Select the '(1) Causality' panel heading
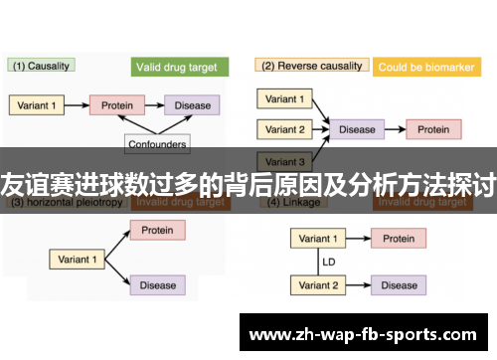(42, 66)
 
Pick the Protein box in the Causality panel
(117, 104)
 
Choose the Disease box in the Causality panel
(193, 104)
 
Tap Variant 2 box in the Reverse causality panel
(286, 129)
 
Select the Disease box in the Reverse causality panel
(357, 129)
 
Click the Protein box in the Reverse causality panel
(432, 129)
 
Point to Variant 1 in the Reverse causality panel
(286, 98)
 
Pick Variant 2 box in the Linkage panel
(318, 285)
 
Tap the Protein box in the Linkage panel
(399, 239)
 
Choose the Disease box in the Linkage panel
(399, 285)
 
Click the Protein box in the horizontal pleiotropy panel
(157, 230)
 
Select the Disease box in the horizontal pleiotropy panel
(157, 285)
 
